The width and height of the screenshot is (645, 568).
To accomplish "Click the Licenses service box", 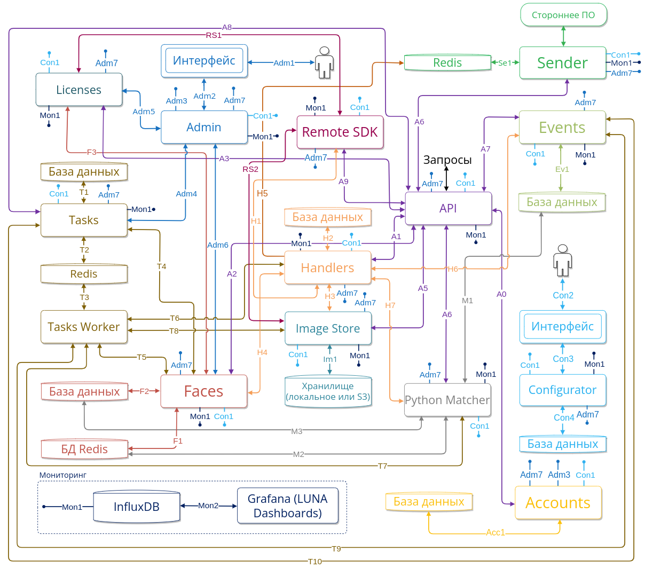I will coord(79,90).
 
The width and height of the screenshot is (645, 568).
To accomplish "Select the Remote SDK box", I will coord(340,132).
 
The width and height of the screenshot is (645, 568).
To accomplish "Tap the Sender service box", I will coord(563,63).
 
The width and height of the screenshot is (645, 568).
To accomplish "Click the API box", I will coord(448,208).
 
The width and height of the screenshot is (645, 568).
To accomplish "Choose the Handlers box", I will coord(327,267).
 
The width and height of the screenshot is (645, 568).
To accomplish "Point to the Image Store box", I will coord(328,328).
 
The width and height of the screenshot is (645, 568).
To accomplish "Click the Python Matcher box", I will coord(447,400).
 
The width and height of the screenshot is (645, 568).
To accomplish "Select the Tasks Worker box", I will coord(84,327).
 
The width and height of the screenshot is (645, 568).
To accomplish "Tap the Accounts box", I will coord(558,502).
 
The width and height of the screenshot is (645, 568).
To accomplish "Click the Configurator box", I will coord(563,390).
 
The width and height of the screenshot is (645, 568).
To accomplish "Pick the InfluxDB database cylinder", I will coord(137,507).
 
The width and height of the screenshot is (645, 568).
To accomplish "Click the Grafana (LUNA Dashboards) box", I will coord(288,506).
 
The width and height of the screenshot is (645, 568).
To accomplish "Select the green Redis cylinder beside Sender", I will coord(447,63).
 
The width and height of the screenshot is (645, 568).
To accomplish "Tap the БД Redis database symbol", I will coord(85,449).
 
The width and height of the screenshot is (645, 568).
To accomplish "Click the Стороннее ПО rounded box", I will coord(564,15).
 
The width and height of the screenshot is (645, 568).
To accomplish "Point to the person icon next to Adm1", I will coord(324,62).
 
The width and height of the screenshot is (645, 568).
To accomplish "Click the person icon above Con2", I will coord(562,261).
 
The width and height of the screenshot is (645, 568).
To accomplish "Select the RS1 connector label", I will coord(214,35).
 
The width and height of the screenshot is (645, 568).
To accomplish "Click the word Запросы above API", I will coord(447,160).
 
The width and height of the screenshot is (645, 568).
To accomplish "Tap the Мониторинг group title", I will coord(63,475).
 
